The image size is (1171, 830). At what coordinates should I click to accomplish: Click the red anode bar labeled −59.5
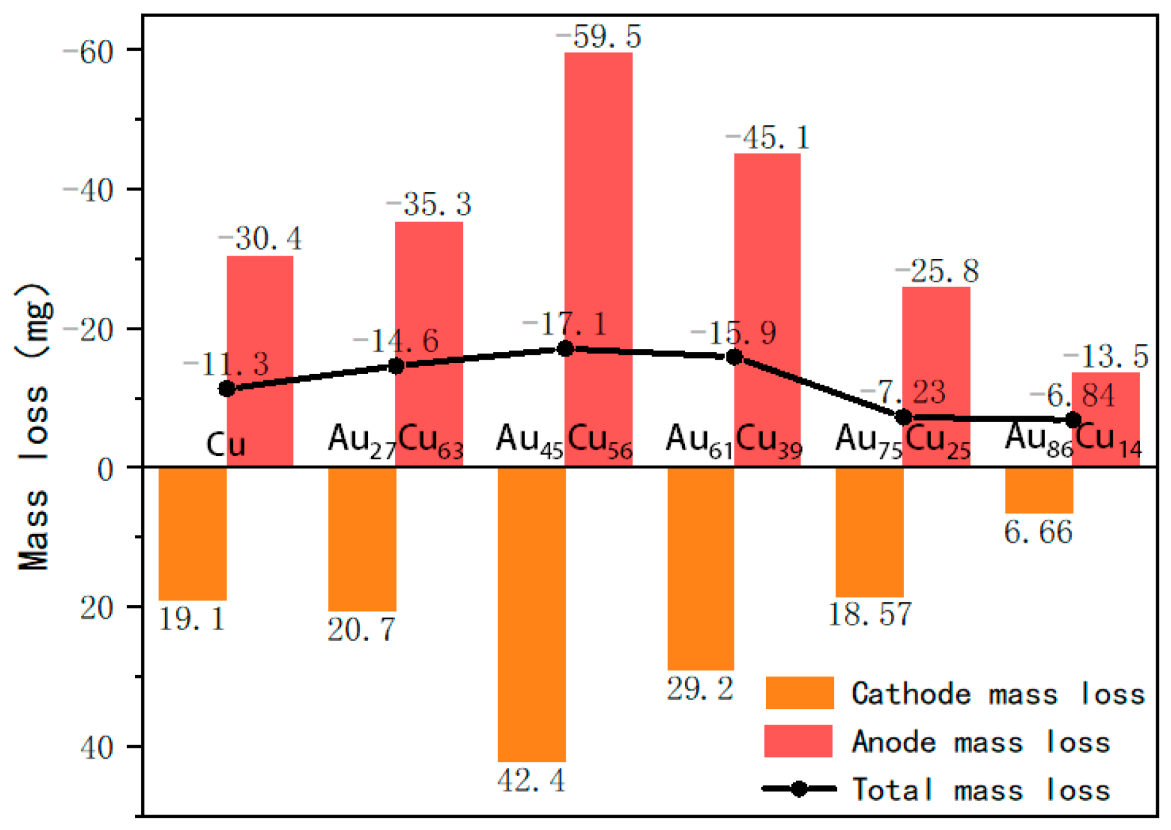pyautogui.click(x=598, y=193)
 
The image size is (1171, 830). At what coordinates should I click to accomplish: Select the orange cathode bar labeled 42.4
pyautogui.click(x=532, y=614)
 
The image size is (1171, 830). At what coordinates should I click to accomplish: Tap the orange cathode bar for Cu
pyautogui.click(x=193, y=533)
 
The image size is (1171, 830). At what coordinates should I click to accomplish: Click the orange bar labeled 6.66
pyautogui.click(x=1039, y=490)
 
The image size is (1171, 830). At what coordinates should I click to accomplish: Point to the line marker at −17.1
pyautogui.click(x=565, y=349)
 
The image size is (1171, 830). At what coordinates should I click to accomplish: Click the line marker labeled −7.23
pyautogui.click(x=903, y=418)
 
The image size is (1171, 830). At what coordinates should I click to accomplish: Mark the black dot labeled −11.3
pyautogui.click(x=227, y=389)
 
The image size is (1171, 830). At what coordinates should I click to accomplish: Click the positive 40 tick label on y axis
pyautogui.click(x=97, y=747)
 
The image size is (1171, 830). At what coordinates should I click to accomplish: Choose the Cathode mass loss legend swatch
pyautogui.click(x=799, y=693)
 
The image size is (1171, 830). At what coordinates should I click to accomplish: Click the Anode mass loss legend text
pyautogui.click(x=980, y=742)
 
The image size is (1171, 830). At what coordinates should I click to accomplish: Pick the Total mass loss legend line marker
pyautogui.click(x=799, y=789)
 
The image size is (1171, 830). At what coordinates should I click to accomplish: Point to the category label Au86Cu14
pyautogui.click(x=1073, y=441)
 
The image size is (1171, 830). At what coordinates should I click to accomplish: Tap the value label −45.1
pyautogui.click(x=767, y=137)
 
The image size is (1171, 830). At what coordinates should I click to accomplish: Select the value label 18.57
pyautogui.click(x=869, y=614)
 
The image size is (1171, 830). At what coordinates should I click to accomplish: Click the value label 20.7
pyautogui.click(x=361, y=630)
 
